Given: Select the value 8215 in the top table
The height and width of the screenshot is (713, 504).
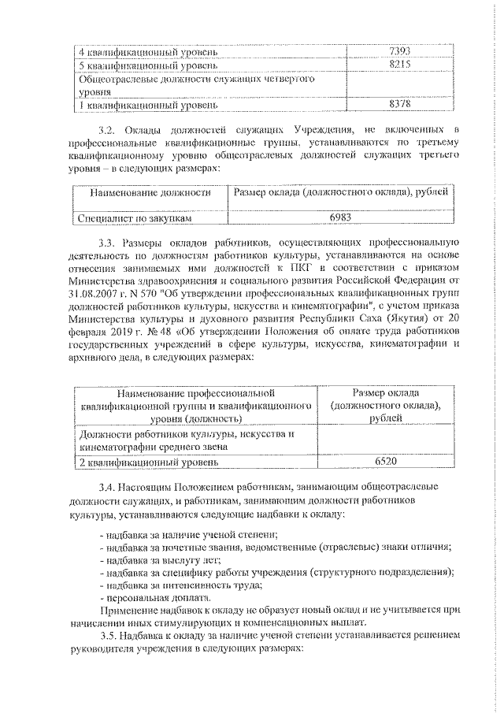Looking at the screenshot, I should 402,65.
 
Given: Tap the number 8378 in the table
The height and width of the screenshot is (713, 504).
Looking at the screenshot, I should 402,104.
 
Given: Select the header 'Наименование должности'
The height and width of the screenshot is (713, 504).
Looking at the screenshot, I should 150,191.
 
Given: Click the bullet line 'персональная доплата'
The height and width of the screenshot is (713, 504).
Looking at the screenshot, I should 139,597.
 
